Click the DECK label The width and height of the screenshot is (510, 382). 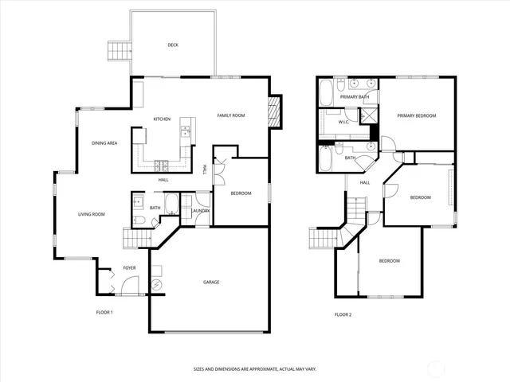(173, 45)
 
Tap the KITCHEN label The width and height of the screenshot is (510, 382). (162, 119)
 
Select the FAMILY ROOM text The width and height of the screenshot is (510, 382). (231, 115)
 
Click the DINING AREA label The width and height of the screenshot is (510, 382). (105, 142)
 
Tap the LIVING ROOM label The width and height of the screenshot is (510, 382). (91, 214)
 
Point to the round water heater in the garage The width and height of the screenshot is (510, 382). (156, 284)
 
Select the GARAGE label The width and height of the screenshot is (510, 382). (211, 282)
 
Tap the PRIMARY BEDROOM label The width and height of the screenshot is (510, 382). (417, 116)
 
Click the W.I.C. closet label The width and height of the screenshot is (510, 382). (344, 123)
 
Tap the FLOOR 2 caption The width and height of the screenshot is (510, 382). (343, 314)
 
